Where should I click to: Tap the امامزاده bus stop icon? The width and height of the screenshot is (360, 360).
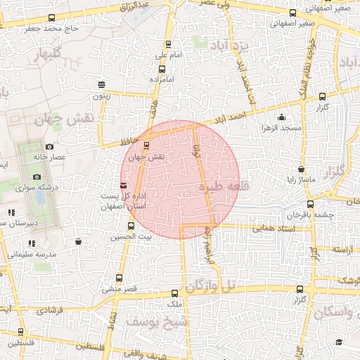click(162, 69)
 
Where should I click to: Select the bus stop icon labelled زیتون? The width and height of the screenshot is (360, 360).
click(103, 83)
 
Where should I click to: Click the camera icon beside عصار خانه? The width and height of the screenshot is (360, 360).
click(49, 146)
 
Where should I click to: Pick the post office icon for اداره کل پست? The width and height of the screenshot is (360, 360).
click(124, 185)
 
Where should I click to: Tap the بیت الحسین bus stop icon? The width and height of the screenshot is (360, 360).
click(131, 226)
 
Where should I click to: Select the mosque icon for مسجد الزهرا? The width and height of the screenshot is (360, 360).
click(282, 117)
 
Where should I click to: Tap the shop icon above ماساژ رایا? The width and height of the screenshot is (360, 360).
click(301, 169)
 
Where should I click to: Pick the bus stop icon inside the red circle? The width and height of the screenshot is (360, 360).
click(146, 146)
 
